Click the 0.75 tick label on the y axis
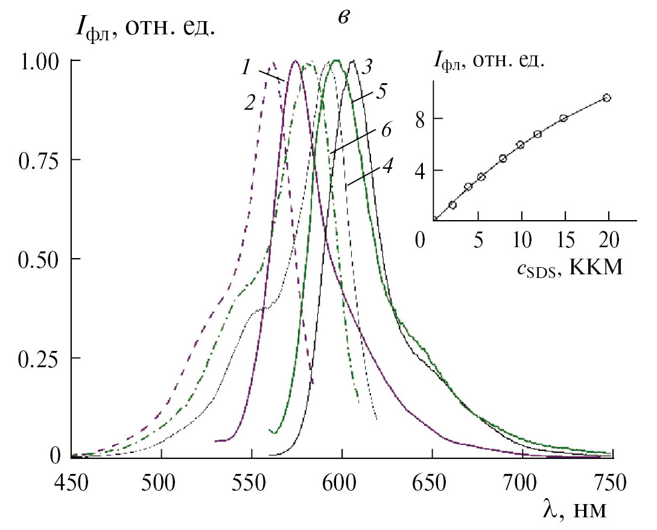click(x=38, y=160)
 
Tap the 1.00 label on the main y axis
click(x=38, y=62)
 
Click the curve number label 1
click(x=246, y=69)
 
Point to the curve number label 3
click(x=366, y=65)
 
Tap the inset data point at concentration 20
click(x=607, y=98)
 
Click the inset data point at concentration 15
click(x=563, y=118)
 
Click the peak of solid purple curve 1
click(x=295, y=62)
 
